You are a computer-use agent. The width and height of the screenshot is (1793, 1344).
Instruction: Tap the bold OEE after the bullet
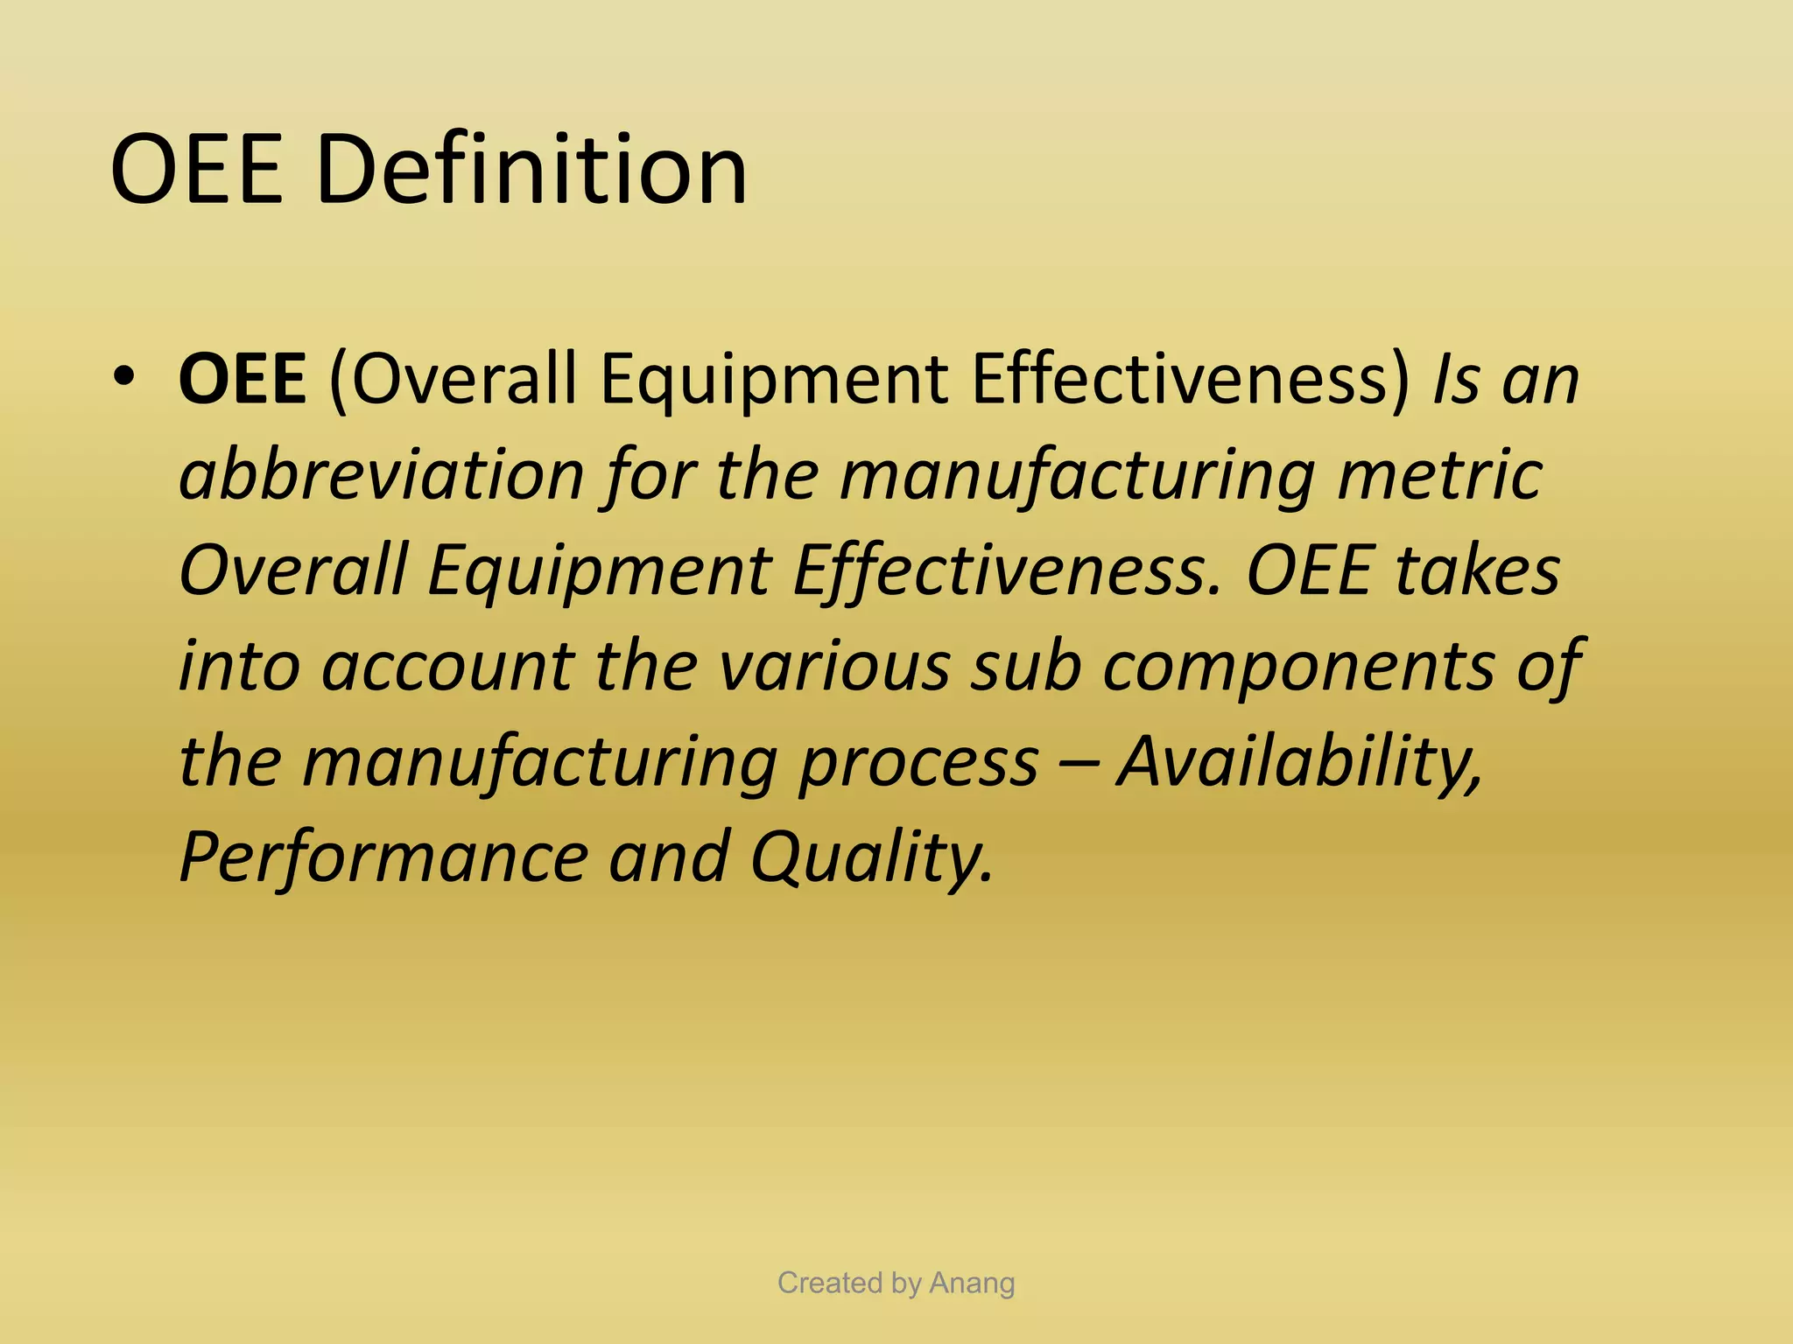tap(242, 379)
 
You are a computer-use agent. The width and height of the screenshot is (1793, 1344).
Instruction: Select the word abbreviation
tap(382, 475)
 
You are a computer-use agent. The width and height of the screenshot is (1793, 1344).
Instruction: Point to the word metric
tap(1439, 475)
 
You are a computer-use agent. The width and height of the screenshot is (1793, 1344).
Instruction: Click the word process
tap(918, 762)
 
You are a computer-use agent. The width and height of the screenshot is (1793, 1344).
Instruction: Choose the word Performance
tap(383, 857)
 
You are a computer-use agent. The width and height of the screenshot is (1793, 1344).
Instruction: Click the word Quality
tap(872, 857)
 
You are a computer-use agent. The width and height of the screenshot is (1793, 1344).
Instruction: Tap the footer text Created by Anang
tap(896, 1283)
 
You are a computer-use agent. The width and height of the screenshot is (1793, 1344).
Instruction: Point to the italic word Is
tap(1457, 379)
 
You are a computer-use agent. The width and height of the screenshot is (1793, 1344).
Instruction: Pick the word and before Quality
tap(669, 857)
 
